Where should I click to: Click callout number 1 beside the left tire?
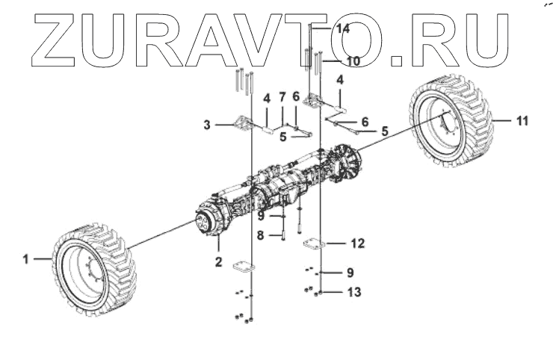tap(25, 259)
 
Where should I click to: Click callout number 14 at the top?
tap(343, 28)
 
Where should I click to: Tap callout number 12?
tap(358, 242)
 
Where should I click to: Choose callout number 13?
tap(353, 292)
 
